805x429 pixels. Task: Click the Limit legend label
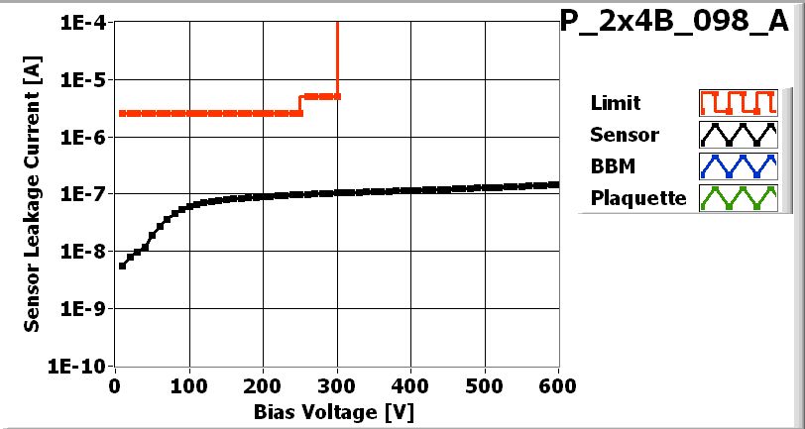(615, 103)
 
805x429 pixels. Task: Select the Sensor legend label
(624, 135)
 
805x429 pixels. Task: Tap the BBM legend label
(611, 165)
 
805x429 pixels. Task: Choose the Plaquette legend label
(637, 197)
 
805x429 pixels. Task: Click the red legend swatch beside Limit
(736, 102)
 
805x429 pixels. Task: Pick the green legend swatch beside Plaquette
(736, 197)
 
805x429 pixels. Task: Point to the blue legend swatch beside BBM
(736, 165)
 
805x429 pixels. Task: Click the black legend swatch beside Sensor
(736, 134)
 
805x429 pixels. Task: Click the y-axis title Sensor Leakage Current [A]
(33, 194)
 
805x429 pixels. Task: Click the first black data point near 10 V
(122, 266)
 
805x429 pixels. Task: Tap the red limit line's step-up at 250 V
(300, 105)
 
